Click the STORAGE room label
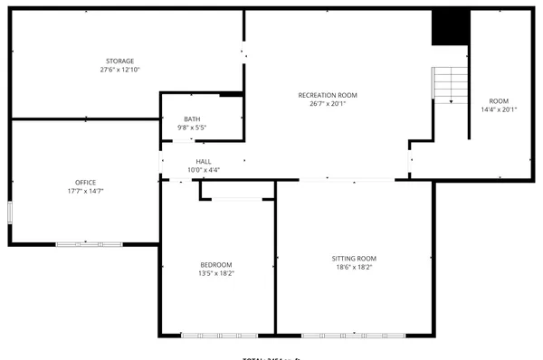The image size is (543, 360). pos(119,61)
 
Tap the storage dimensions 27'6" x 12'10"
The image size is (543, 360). pos(119,70)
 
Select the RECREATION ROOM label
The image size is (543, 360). pos(328,95)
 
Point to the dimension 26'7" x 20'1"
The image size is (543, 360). pos(328,104)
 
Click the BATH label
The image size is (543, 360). pos(192,119)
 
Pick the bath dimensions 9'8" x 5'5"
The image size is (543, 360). pos(192,128)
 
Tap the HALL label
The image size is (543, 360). pos(203,162)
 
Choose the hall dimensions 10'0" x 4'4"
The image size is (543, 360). pos(203,170)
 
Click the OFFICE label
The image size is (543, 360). pos(85,182)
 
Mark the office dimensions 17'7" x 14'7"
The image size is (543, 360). pos(85,191)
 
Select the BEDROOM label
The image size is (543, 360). pos(215,264)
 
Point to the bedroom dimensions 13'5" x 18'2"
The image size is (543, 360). pos(215,273)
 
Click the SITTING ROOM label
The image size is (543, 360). pos(353,258)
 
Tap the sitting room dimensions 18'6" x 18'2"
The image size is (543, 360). pos(353,267)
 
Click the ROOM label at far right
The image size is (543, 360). pos(499,100)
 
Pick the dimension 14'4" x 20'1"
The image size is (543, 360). pos(499,109)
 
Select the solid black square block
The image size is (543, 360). pos(449,28)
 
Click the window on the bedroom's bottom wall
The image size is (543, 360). pos(214,336)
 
